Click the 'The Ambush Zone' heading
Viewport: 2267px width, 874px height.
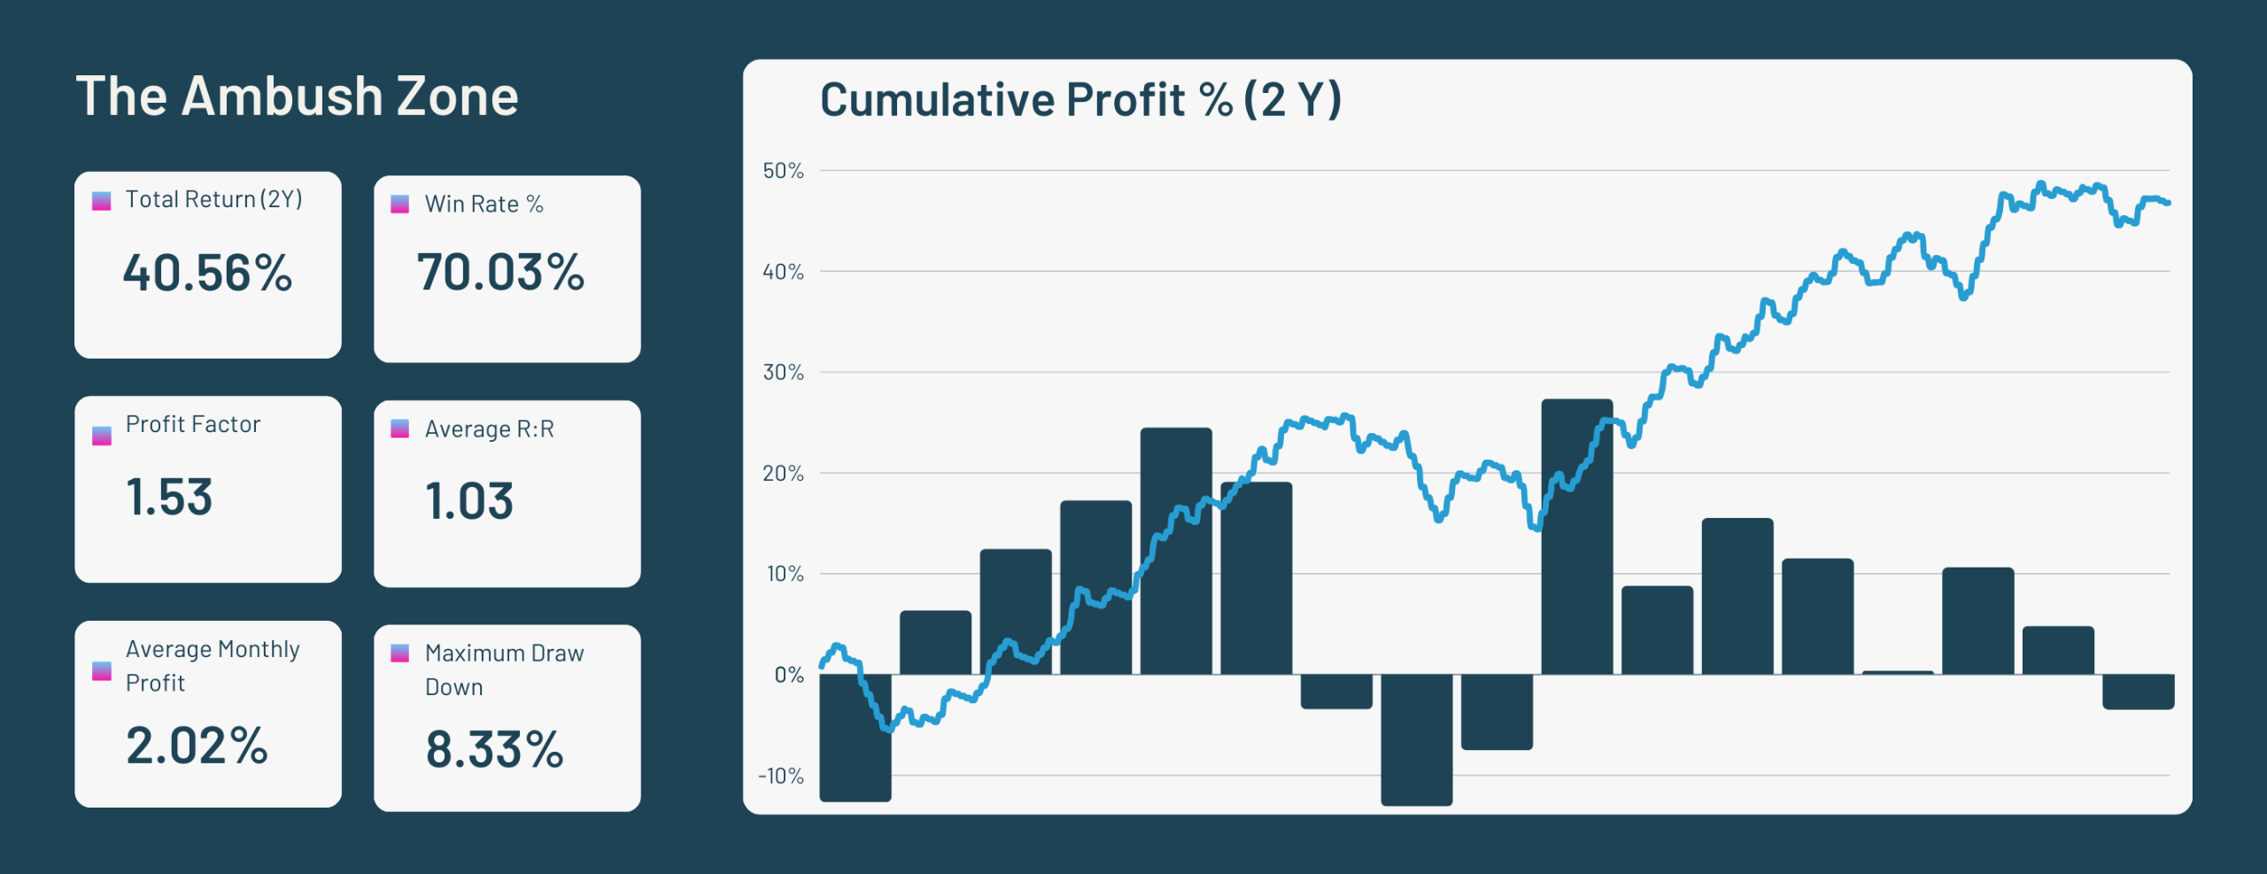pos(297,96)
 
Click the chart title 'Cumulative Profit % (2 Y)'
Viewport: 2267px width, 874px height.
pos(1080,99)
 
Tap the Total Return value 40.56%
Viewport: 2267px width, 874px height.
pos(207,273)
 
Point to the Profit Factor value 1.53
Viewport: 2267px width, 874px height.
pos(169,497)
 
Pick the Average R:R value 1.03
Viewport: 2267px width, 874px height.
pos(469,501)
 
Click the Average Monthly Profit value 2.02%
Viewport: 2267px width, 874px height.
pos(197,746)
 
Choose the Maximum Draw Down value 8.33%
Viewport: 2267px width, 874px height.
pos(494,750)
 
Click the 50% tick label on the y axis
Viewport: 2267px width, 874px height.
pos(783,171)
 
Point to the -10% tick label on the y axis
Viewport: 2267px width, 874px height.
pos(780,777)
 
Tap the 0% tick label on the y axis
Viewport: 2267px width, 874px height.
pos(788,676)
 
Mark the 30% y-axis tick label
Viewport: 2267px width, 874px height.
pos(783,373)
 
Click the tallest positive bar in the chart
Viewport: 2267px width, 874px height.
pos(1576,536)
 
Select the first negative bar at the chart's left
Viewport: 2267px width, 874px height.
pos(855,738)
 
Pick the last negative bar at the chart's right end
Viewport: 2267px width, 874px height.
pos(2138,692)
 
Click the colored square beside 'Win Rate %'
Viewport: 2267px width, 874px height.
pos(400,205)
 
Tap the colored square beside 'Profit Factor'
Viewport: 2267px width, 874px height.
pos(102,436)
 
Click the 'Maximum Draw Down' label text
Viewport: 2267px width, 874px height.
pos(504,669)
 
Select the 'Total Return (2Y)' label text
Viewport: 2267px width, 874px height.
pos(213,199)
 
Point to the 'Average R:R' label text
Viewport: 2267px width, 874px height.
pos(489,429)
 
